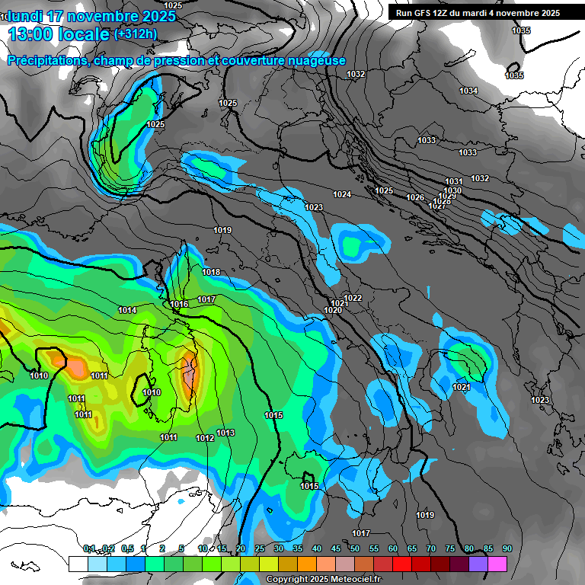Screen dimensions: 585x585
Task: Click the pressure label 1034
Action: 468,91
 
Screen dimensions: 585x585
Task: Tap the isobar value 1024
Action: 342,195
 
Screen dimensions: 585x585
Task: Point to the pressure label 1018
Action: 211,273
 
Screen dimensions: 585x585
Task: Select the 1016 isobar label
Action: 179,305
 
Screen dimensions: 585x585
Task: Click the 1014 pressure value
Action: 127,310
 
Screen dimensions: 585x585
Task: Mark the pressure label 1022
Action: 353,298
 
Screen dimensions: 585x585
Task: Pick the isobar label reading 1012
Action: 205,438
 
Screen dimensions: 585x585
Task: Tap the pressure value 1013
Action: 225,433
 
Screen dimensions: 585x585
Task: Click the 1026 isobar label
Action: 415,198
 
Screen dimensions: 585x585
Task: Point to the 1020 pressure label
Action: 333,310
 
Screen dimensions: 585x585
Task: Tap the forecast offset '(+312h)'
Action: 135,34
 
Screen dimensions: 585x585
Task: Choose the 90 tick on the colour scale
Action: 507,549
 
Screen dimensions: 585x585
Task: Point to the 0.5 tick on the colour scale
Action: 127,549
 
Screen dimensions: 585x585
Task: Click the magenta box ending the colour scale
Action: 497,564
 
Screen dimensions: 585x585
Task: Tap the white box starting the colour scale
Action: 78,564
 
